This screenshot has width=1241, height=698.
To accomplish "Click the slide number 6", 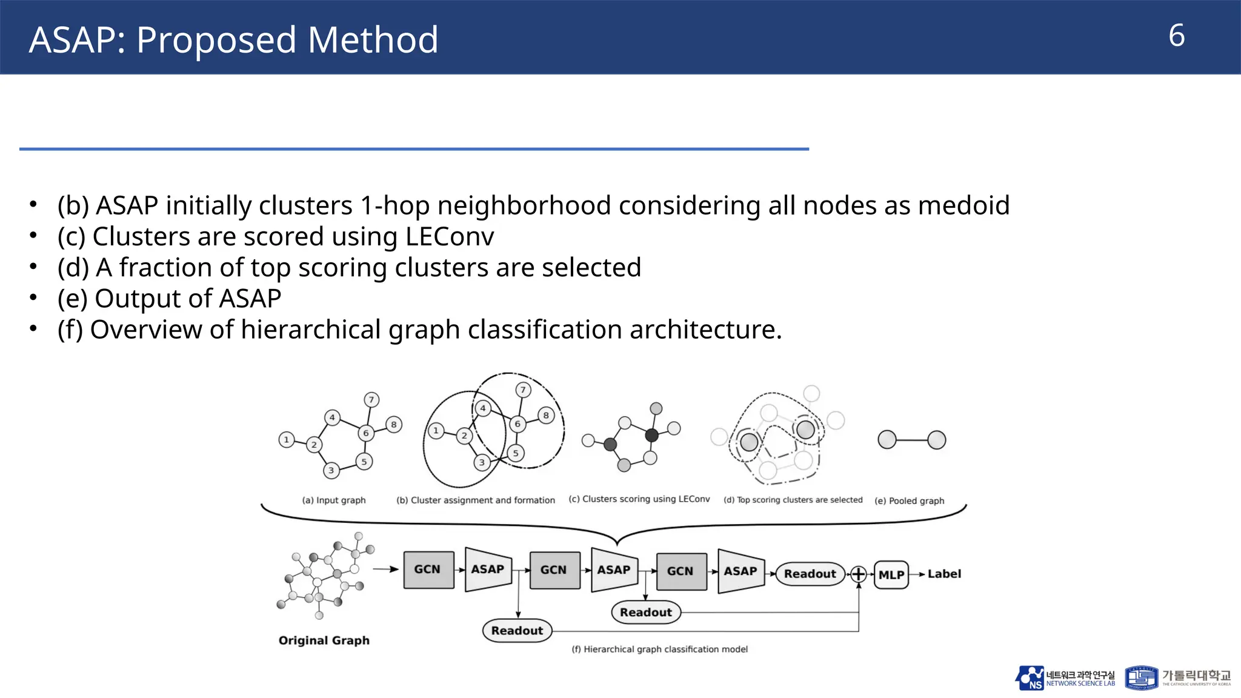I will point(1176,36).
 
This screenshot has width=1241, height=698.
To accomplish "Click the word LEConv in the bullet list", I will point(450,236).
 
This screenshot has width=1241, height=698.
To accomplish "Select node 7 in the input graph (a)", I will point(371,400).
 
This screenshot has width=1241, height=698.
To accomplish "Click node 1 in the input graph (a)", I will point(287,439).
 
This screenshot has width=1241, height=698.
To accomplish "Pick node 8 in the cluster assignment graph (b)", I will point(546,416).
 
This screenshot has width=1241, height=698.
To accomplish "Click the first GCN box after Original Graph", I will point(428,570).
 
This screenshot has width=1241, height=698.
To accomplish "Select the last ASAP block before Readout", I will point(740,571).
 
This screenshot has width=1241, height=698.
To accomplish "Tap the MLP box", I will point(891,574).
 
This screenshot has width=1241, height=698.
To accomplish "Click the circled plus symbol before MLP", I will point(859,574).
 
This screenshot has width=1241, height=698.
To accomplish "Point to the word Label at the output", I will point(944,574).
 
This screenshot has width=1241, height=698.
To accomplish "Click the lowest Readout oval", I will point(517,630).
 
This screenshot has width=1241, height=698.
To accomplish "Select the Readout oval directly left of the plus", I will point(810,574).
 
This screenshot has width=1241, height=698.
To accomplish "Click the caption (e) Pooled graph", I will point(909,500).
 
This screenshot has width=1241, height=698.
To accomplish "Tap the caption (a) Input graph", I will point(334,500).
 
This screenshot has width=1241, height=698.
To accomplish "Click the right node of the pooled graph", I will point(936,440).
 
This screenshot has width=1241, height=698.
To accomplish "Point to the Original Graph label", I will point(324,640).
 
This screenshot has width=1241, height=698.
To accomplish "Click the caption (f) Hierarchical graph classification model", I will point(659,649).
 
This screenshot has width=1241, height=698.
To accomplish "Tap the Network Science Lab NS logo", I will point(1030,678).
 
